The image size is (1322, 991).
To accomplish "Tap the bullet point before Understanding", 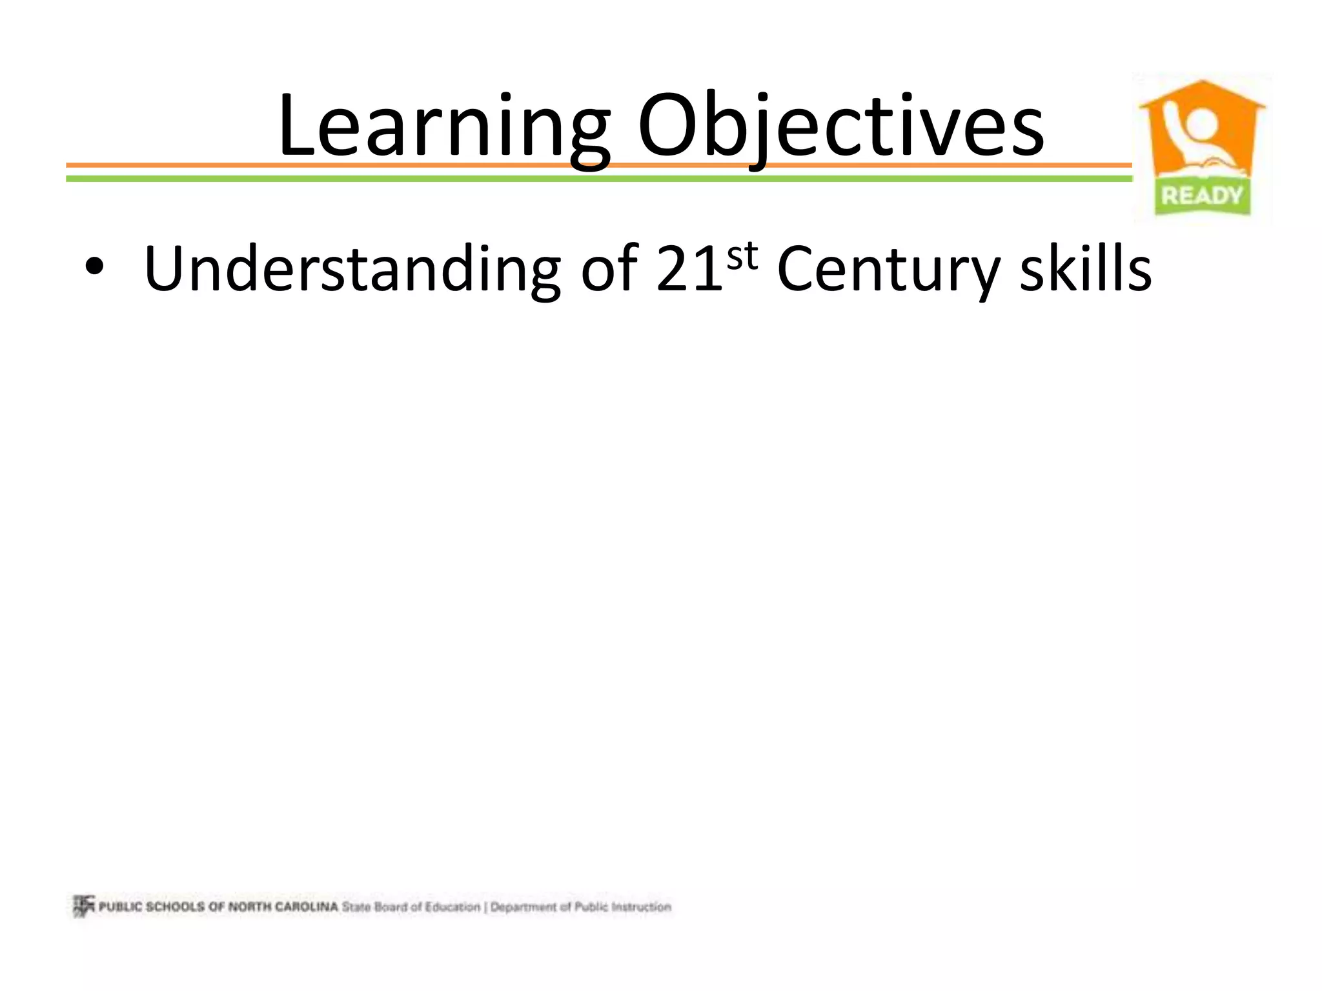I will (x=94, y=268).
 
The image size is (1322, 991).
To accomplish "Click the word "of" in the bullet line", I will (x=609, y=268).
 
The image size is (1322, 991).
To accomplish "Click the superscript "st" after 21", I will (x=742, y=256).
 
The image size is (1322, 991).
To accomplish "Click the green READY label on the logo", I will (x=1202, y=195).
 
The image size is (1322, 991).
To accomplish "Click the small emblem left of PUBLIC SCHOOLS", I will (x=83, y=906).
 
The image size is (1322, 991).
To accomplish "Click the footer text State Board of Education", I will (x=411, y=907).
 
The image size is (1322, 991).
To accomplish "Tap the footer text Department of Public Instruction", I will (x=581, y=907).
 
